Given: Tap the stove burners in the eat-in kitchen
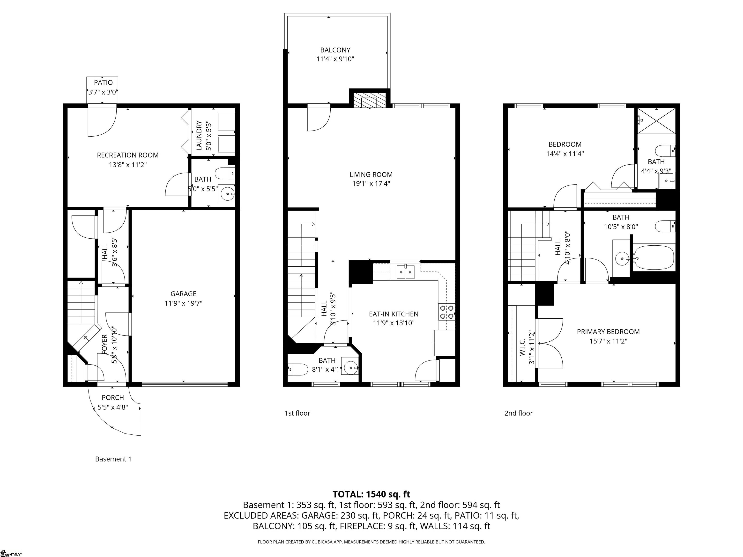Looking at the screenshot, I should click(446, 312).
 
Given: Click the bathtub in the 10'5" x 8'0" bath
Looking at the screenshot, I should click(653, 257).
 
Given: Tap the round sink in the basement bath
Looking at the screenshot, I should click(227, 194).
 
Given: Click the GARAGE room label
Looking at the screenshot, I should click(183, 294).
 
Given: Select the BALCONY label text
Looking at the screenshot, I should click(335, 50).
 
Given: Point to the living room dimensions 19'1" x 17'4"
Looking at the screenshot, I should click(371, 184).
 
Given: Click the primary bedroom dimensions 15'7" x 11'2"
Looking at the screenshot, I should click(608, 341).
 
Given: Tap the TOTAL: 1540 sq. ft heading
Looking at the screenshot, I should click(371, 494).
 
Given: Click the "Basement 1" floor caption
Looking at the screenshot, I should click(113, 459).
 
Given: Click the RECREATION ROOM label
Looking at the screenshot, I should click(128, 155).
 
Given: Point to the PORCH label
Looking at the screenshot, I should click(113, 397).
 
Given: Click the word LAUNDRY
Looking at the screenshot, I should click(199, 135).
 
